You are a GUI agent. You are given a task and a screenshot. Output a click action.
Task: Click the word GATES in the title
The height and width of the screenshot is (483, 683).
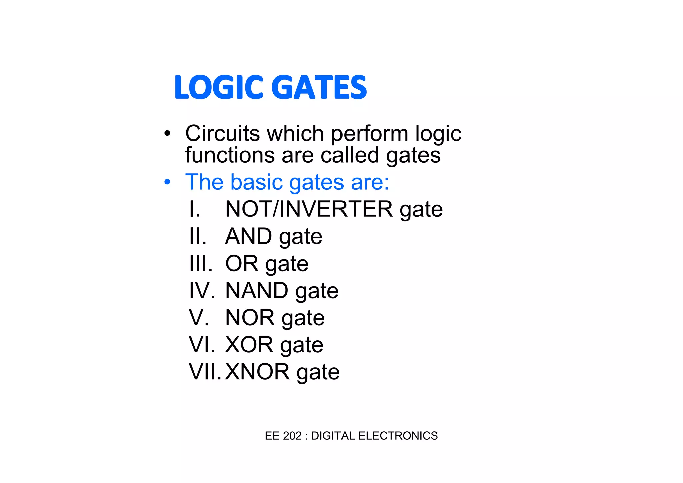[319, 87]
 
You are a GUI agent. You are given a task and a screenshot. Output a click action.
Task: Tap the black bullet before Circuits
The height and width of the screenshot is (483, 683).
[167, 134]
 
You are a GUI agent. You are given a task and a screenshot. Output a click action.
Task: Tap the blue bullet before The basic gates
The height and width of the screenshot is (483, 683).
[167, 183]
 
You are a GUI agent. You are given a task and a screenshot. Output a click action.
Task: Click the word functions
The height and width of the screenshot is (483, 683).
[229, 155]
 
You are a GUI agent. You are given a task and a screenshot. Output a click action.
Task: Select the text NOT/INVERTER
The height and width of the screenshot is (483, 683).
[309, 209]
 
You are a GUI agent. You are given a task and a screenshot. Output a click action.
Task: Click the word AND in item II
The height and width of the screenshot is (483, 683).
[249, 236]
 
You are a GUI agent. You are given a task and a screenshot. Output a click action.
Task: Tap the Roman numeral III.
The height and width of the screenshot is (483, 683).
[201, 264]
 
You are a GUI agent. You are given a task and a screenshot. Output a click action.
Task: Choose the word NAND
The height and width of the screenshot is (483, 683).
[257, 290]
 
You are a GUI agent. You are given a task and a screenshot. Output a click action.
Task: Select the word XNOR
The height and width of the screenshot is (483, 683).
[257, 372]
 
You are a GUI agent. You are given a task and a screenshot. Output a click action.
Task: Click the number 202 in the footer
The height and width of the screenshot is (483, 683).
[292, 436]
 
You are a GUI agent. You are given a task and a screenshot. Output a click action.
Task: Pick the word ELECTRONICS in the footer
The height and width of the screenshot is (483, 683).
[398, 436]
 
